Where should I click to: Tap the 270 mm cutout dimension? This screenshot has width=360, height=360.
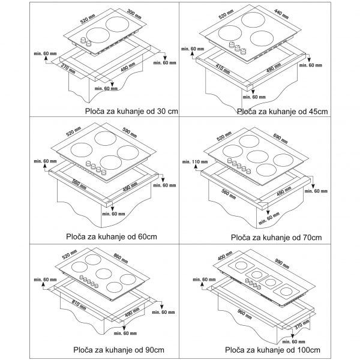coord(68,68)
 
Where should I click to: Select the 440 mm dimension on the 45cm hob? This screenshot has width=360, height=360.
coord(281,14)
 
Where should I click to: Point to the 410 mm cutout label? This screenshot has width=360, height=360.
coord(223,68)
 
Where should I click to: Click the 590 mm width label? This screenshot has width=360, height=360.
coord(130,133)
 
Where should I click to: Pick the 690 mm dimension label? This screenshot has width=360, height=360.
coord(280,139)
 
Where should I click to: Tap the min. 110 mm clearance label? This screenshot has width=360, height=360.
coord(195,161)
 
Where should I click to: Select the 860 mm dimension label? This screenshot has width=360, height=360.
coord(121,258)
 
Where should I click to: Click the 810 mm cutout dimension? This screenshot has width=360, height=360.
coord(79,305)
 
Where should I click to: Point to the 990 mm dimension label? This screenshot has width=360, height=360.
coord(282,263)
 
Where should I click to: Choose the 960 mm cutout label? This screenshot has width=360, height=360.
coord(245,314)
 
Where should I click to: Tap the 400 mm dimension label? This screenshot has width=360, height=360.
coord(225,256)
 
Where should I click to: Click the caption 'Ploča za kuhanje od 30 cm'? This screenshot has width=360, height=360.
coord(131,112)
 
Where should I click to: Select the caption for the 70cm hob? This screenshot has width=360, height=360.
coord(277,238)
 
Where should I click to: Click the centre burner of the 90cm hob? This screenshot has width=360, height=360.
coord(104,274)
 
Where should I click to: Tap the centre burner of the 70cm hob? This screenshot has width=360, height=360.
coord(257,157)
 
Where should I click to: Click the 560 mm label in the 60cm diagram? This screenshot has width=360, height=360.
coord(79,184)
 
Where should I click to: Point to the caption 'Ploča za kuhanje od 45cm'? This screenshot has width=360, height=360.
coord(283,112)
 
